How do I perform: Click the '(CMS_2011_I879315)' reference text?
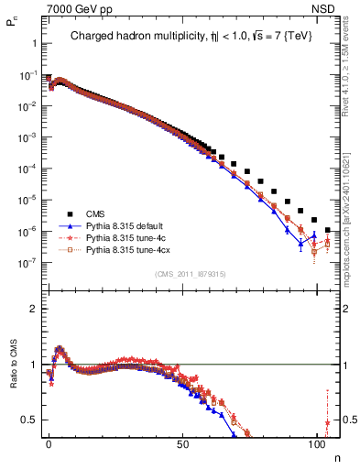point(187,272)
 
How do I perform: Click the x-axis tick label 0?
point(49,444)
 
